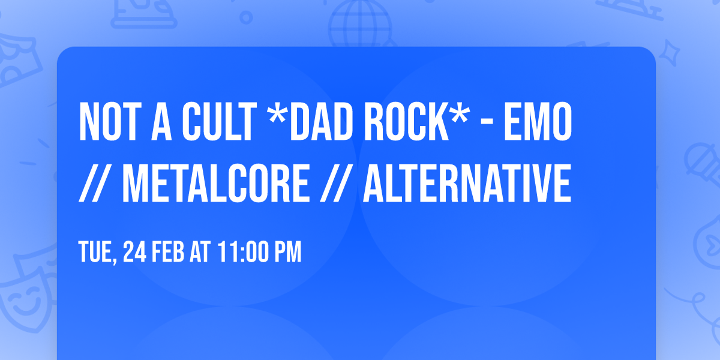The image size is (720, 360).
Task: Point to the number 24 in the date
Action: (x=133, y=253)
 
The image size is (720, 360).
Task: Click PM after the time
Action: (x=286, y=253)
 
